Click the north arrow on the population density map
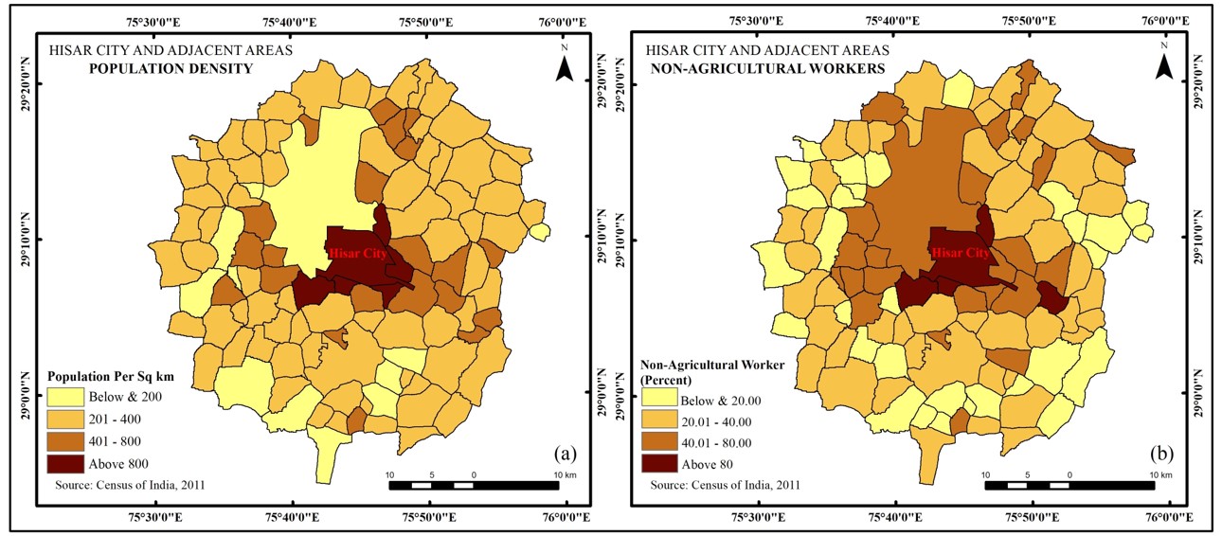[565, 66]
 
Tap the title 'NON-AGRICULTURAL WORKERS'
[763, 69]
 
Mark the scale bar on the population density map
[474, 486]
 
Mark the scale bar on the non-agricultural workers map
[1069, 486]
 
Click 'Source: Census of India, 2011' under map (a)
[123, 486]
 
